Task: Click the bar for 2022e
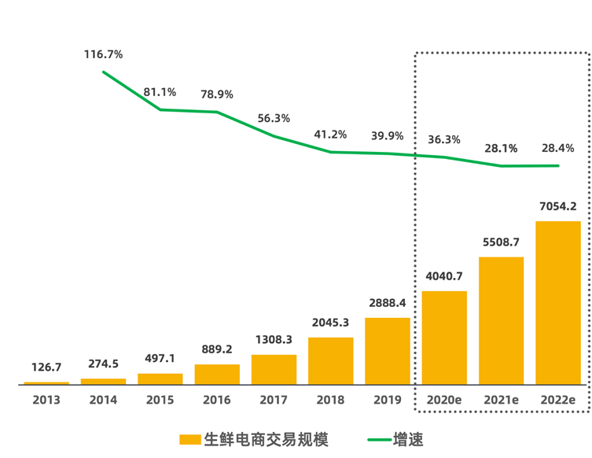click(558, 303)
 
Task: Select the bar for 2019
click(388, 351)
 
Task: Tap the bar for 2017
click(274, 370)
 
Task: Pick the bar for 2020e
click(444, 338)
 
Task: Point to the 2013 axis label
click(46, 401)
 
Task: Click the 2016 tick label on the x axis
click(217, 401)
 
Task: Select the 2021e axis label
click(501, 401)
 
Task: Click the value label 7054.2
click(557, 207)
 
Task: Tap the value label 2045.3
click(330, 323)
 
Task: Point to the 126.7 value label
click(46, 367)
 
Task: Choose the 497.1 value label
click(160, 358)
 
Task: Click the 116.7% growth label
click(103, 54)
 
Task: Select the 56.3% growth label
click(274, 118)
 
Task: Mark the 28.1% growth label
click(501, 148)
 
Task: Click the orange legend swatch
click(189, 439)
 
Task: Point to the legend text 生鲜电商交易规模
click(266, 439)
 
